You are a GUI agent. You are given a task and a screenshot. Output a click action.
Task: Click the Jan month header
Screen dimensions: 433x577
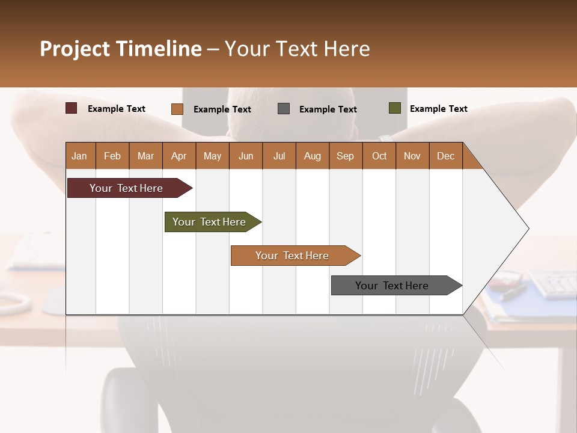pyautogui.click(x=80, y=156)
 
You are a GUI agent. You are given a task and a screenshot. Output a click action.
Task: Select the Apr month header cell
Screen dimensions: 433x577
pyautogui.click(x=179, y=156)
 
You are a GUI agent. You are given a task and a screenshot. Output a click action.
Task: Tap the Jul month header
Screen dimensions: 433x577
pyautogui.click(x=279, y=156)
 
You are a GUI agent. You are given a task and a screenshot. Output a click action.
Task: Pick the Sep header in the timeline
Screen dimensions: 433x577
pyautogui.click(x=345, y=156)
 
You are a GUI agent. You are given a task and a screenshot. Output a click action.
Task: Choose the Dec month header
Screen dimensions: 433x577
pyautogui.click(x=445, y=156)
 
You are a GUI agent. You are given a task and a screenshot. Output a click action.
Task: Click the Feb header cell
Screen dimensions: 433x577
pyautogui.click(x=112, y=156)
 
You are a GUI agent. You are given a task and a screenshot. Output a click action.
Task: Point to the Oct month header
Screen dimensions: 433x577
pyautogui.click(x=379, y=156)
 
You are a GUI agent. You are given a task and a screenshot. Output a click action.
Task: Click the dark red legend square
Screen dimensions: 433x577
pyautogui.click(x=72, y=108)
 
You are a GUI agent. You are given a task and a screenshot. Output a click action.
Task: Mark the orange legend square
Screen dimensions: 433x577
pyautogui.click(x=177, y=109)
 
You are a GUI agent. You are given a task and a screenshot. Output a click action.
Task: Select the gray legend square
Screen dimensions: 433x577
pyautogui.click(x=284, y=109)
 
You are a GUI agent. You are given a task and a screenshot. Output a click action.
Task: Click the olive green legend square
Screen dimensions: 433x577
pyautogui.click(x=394, y=108)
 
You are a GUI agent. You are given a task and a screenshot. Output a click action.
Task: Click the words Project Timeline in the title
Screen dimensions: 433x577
pyautogui.click(x=120, y=49)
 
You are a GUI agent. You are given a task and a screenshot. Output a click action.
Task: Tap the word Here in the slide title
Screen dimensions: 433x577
pyautogui.click(x=347, y=49)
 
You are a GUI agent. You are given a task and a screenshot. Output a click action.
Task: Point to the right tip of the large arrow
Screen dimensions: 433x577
pyautogui.click(x=527, y=229)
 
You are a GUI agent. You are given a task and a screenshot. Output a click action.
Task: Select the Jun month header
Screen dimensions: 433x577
pyautogui.click(x=245, y=156)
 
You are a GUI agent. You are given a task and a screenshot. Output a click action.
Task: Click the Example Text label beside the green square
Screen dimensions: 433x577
pyautogui.click(x=438, y=108)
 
